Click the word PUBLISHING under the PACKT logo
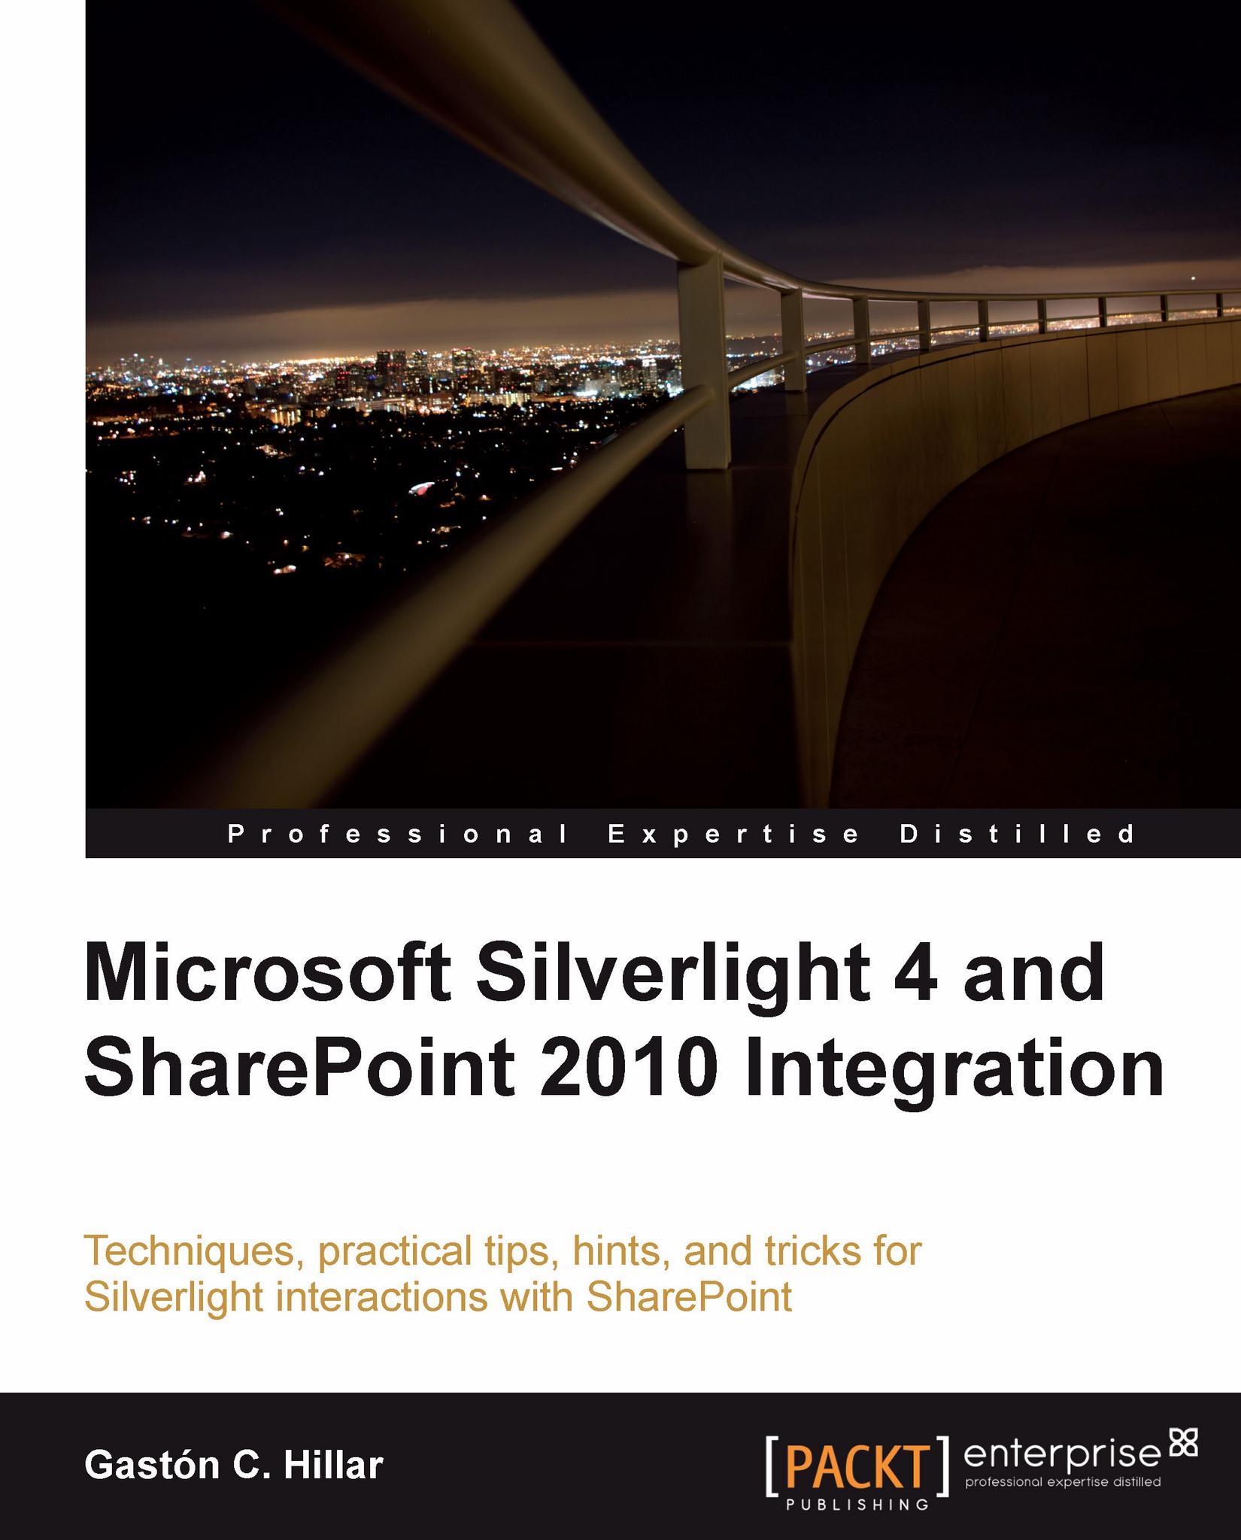(x=857, y=1505)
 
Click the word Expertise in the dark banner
(x=733, y=834)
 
